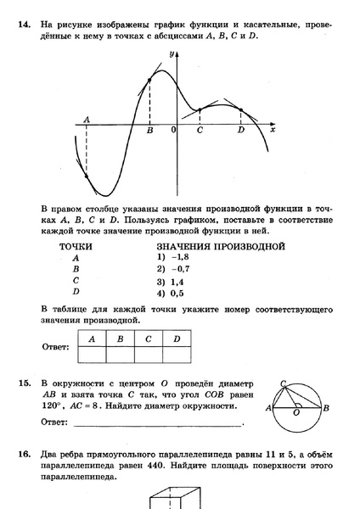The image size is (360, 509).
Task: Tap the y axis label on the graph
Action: tap(172, 53)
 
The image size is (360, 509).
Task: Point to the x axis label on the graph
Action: tap(273, 131)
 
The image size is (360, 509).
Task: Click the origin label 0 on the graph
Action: tap(173, 131)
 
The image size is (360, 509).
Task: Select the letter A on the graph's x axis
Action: tap(87, 120)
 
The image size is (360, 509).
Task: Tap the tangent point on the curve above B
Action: tap(150, 80)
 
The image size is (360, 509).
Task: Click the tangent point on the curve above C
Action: tap(199, 109)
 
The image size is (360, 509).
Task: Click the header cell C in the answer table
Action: tap(148, 338)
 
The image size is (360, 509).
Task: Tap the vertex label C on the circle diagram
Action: tap(283, 383)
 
